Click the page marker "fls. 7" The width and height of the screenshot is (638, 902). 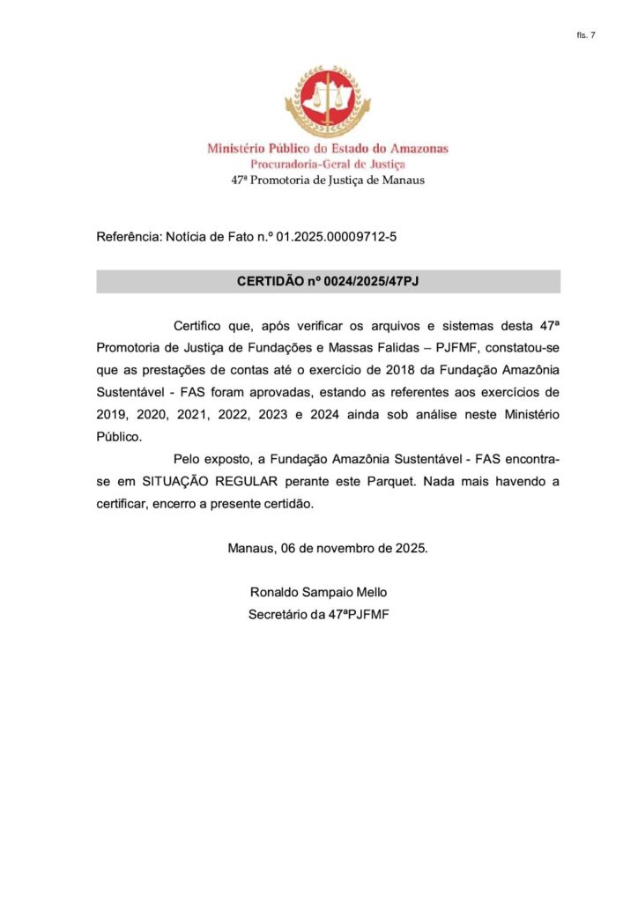tap(586, 35)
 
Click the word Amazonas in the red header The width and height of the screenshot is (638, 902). tap(415, 149)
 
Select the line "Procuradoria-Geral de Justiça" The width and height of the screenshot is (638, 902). tap(328, 164)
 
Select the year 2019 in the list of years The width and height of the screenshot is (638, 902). tap(112, 414)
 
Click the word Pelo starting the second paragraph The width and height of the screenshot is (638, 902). tap(188, 461)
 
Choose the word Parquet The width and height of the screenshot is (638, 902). tap(401, 483)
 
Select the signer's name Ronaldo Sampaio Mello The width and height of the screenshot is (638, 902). tap(318, 592)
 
